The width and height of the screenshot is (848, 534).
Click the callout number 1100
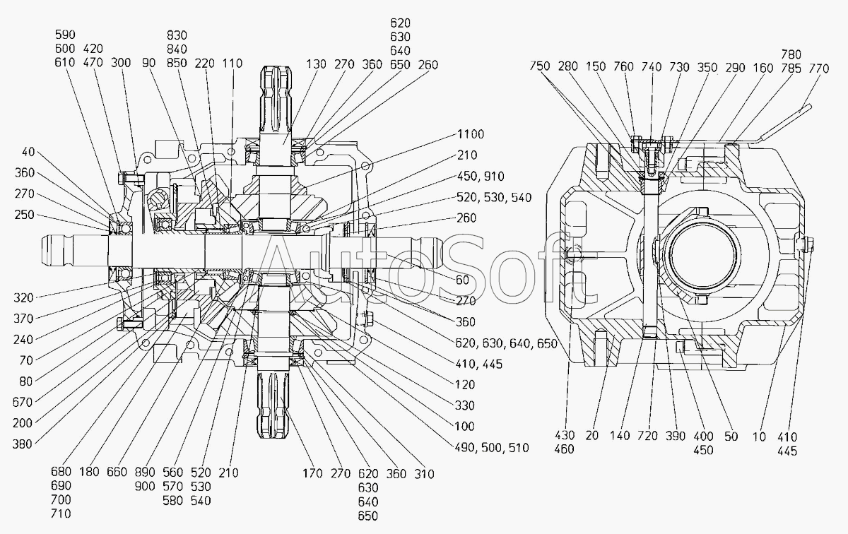(x=471, y=134)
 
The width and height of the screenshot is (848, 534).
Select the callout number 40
(x=28, y=152)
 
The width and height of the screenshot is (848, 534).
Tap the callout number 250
(x=25, y=215)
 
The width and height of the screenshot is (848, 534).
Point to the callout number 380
(x=23, y=444)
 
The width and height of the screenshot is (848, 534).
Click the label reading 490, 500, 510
(x=492, y=448)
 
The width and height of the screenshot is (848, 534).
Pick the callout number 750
(x=540, y=66)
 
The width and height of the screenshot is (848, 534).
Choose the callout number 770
(x=819, y=69)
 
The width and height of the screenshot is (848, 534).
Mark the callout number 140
(x=620, y=436)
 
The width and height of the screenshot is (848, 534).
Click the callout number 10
(x=759, y=437)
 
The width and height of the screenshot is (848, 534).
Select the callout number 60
(x=462, y=280)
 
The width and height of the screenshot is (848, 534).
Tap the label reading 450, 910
(x=481, y=177)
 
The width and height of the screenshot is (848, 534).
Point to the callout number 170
(x=312, y=473)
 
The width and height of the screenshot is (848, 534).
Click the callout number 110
(x=232, y=63)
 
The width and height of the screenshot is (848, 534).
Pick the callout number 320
(x=24, y=298)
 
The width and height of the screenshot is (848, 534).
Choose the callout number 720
(x=647, y=436)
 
